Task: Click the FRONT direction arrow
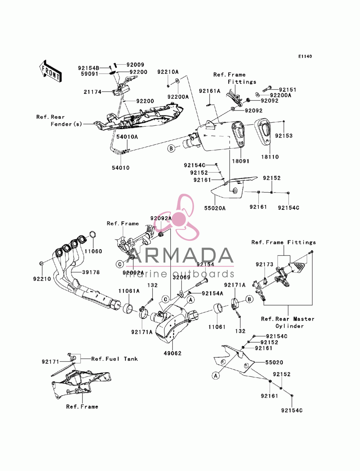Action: [50, 71]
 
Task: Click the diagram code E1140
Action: [305, 56]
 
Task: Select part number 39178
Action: [91, 272]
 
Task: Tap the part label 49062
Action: [172, 353]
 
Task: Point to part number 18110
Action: [270, 157]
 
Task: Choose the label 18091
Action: [240, 161]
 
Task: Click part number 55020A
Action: [215, 208]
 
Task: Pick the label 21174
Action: [92, 92]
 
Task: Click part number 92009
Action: [135, 65]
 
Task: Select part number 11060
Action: [93, 251]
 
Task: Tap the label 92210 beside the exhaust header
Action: [42, 279]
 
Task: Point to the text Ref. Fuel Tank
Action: [114, 359]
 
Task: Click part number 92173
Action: [265, 264]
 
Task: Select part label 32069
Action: [181, 277]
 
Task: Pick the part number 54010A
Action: [127, 137]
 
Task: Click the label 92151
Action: [287, 90]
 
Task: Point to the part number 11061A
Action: [129, 291]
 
